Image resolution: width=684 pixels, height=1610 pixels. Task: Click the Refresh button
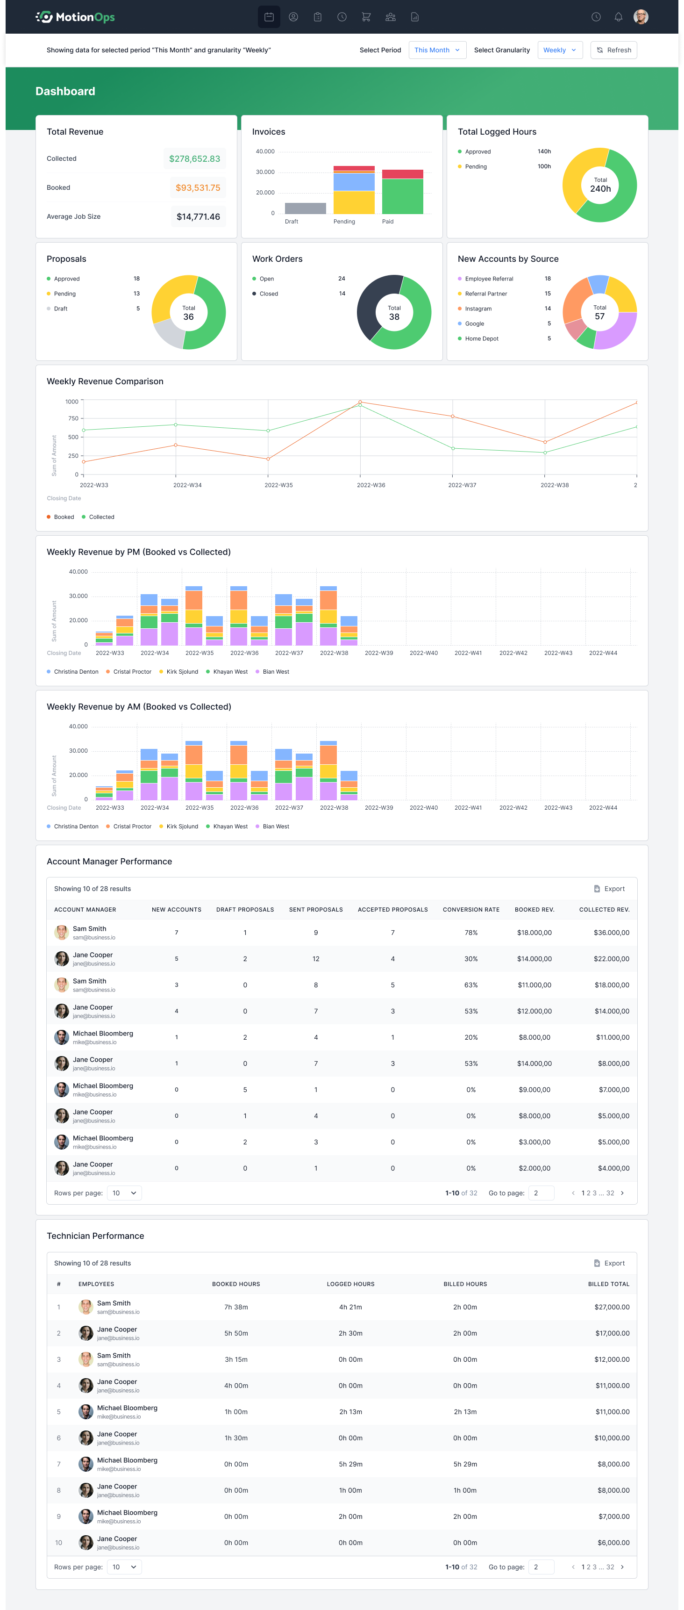613,50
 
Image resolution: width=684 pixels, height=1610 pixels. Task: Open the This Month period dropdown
437,50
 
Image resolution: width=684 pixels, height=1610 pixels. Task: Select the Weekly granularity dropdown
560,50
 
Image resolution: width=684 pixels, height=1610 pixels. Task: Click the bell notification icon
618,17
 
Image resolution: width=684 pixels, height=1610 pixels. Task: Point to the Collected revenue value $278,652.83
194,159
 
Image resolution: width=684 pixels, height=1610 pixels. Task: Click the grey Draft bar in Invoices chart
305,208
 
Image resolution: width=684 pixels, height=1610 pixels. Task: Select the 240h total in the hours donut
600,189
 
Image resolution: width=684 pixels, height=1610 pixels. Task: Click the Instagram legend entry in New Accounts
478,309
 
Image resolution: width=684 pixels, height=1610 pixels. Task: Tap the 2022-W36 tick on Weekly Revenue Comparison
370,485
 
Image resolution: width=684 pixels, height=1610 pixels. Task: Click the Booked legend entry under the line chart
64,517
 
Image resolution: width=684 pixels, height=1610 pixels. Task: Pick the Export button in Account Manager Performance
609,889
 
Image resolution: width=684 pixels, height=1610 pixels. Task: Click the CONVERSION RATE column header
471,909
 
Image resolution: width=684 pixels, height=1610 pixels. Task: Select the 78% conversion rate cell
471,933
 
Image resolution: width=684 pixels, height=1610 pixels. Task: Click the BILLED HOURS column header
465,1284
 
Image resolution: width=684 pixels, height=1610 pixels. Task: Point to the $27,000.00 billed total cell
612,1307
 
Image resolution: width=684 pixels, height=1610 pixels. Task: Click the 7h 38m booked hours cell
236,1307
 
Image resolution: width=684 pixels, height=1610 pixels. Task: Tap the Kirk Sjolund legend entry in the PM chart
182,672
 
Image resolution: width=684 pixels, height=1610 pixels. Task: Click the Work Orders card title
278,259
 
